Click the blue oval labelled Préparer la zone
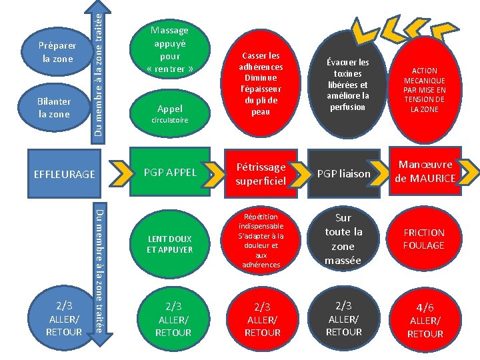(58, 52)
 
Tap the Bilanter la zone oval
(54, 109)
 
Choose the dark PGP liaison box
(343, 173)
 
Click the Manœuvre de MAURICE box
(425, 172)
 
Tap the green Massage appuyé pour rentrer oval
(169, 49)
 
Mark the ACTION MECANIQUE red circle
(425, 90)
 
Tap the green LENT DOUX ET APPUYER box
(169, 244)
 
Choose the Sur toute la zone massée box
(343, 239)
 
